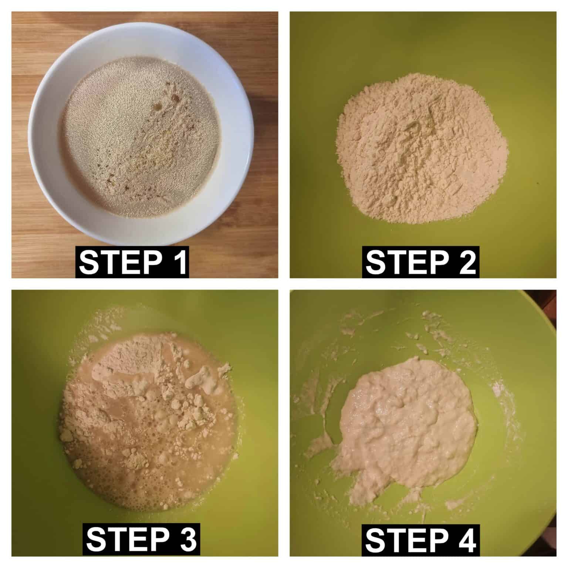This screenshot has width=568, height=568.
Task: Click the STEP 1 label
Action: click(132, 262)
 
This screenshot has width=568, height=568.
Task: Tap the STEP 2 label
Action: click(420, 262)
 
